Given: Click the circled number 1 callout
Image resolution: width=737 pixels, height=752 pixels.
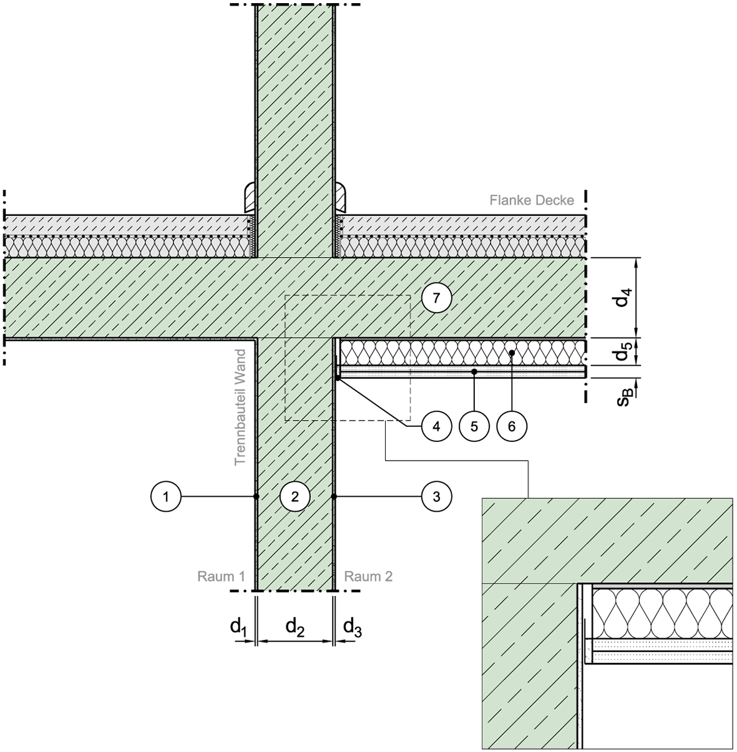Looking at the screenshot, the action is [166, 496].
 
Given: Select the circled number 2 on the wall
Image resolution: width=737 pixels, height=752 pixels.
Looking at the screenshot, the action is [295, 496].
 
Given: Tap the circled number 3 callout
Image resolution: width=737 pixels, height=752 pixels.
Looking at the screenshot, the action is [436, 496].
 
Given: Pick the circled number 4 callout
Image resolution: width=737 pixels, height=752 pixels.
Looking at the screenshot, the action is [436, 426].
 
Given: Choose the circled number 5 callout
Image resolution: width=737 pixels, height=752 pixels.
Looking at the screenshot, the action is [474, 426].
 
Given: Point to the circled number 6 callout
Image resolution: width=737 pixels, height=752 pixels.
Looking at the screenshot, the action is [512, 426].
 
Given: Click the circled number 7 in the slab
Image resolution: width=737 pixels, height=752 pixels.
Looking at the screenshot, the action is [436, 298].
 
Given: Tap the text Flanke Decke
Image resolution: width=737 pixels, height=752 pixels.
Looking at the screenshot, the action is [532, 200].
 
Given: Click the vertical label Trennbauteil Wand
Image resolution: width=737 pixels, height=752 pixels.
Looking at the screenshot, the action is [240, 407].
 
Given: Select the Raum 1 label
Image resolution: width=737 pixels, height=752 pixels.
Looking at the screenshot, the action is [221, 577].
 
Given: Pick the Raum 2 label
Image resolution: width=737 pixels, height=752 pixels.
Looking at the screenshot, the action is [368, 577].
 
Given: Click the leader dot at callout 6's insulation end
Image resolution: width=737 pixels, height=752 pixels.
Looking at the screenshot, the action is [512, 353].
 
